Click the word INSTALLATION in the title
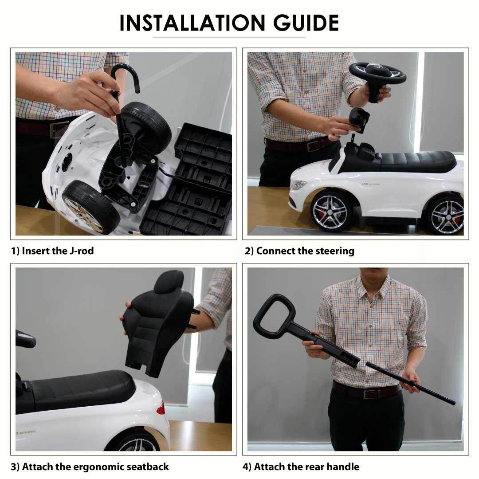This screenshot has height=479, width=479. pyautogui.click(x=192, y=23)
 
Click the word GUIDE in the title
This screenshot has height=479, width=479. pyautogui.click(x=306, y=23)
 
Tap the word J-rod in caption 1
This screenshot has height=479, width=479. pyautogui.click(x=82, y=251)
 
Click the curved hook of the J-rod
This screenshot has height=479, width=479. pyautogui.click(x=125, y=76)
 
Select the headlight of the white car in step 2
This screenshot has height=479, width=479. pyautogui.click(x=298, y=185)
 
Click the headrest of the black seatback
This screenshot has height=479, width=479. pyautogui.click(x=169, y=282)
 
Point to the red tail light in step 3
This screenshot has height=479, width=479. pyautogui.click(x=161, y=408)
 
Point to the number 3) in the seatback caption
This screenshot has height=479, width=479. pyautogui.click(x=15, y=467)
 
